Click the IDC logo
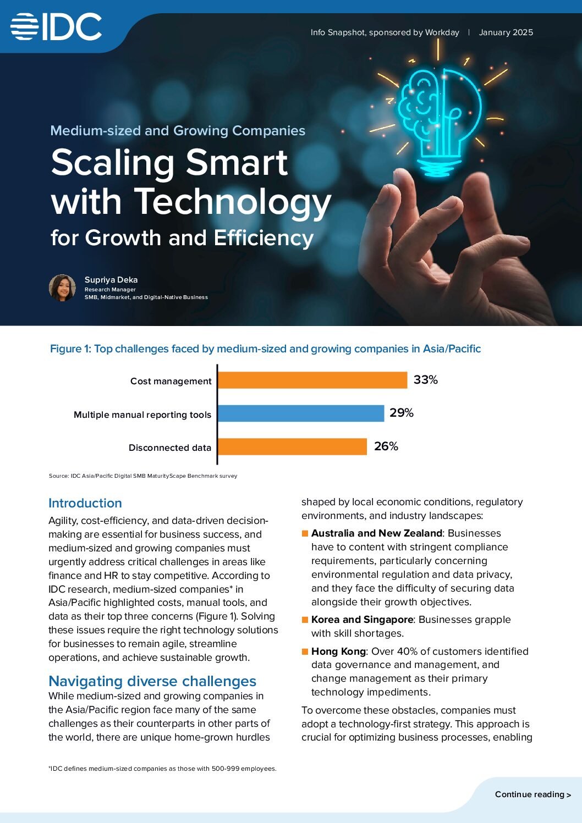click(56, 27)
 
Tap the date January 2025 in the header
click(506, 32)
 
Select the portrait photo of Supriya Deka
click(62, 288)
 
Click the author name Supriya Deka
click(111, 280)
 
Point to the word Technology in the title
click(233, 202)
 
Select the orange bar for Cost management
click(312, 380)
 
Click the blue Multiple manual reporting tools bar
click(301, 413)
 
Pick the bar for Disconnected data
click(292, 446)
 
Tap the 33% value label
click(425, 380)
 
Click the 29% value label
click(401, 413)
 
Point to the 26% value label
click(386, 446)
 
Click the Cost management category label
click(171, 381)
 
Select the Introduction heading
click(85, 503)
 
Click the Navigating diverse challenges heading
click(152, 681)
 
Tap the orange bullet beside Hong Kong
click(305, 651)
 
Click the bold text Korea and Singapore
click(362, 620)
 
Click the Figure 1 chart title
click(265, 349)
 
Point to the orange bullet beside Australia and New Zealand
click(305, 533)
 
